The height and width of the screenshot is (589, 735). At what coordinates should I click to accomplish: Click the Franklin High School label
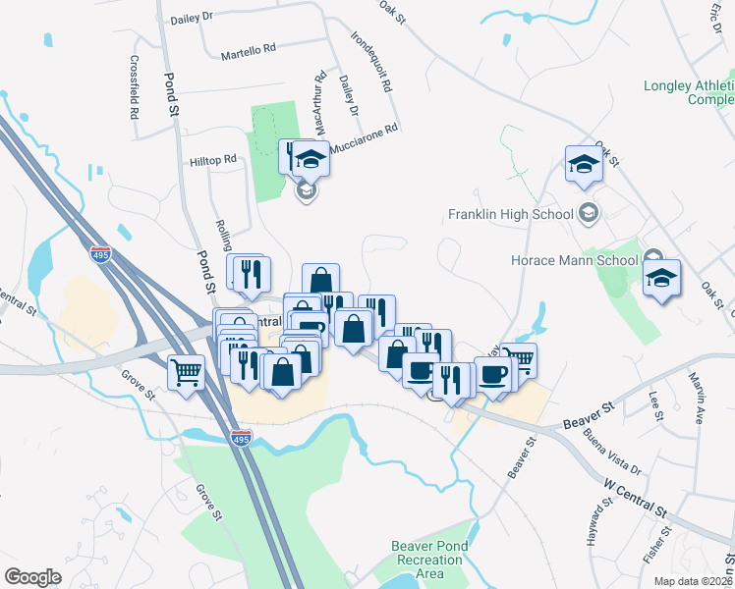(x=510, y=214)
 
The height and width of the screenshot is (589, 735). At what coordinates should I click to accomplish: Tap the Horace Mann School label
(x=574, y=261)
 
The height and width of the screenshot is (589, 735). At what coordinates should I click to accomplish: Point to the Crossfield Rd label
(x=133, y=86)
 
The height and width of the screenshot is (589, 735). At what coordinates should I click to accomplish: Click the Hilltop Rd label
(x=213, y=159)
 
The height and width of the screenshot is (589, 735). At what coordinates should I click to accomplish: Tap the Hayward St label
(x=594, y=530)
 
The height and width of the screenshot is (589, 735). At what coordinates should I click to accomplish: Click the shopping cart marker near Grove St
(x=185, y=372)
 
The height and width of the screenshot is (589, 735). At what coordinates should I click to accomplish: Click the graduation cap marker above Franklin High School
(x=584, y=164)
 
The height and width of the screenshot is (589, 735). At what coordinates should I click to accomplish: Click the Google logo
(x=32, y=577)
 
